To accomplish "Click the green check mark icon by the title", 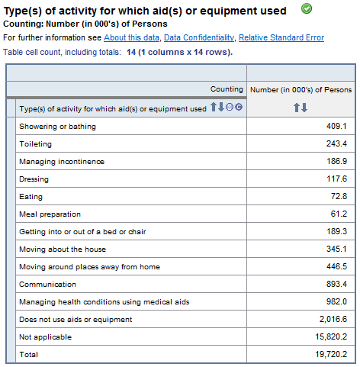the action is [307, 9].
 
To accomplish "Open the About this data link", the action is [132, 37].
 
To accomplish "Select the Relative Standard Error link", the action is [281, 37].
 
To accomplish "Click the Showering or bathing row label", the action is [58, 127].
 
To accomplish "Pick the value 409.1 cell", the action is [336, 127].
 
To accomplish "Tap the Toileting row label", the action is [35, 144].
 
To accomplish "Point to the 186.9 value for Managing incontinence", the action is [336, 162].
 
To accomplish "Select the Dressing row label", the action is [34, 179].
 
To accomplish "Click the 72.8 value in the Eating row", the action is [338, 197].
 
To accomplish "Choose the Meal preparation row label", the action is [50, 214].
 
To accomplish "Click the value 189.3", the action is [336, 232].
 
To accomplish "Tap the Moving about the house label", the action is [63, 249].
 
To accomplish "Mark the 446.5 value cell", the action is [336, 267].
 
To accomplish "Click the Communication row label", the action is [48, 285].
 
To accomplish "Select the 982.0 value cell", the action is [336, 302].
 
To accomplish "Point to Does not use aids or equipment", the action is [76, 320].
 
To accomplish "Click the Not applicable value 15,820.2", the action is [330, 337].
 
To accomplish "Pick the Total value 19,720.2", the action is [330, 355].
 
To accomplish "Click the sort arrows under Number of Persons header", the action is [301, 108].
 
